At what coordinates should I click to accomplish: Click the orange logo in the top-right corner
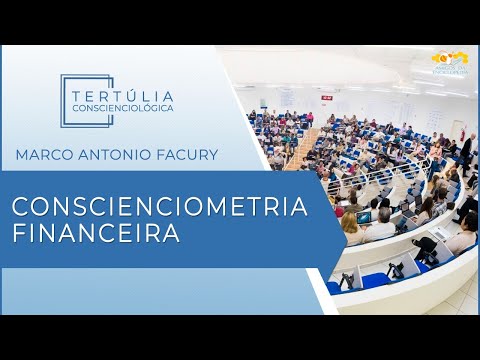tap(449, 63)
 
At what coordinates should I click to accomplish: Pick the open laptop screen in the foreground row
tap(365, 217)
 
